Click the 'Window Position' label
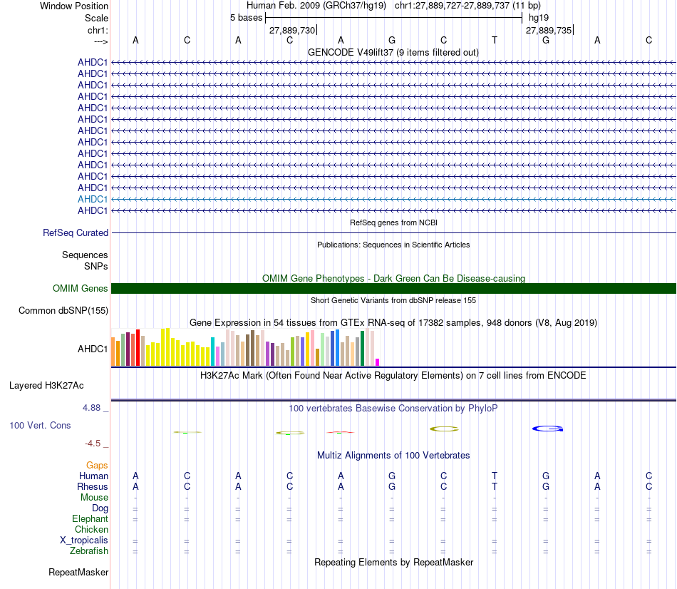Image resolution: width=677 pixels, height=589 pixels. click(74, 6)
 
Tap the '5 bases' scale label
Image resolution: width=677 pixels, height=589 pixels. click(246, 17)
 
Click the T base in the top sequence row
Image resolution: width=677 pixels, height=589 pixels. click(495, 40)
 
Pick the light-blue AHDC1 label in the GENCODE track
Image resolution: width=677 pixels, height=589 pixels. click(93, 199)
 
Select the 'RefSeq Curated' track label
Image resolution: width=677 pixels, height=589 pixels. click(76, 232)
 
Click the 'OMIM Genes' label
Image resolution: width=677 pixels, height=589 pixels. click(81, 288)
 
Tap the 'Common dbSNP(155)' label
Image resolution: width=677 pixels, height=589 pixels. click(63, 310)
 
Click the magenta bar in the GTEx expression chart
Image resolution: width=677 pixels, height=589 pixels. click(378, 362)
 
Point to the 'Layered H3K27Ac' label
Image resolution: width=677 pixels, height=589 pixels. click(46, 385)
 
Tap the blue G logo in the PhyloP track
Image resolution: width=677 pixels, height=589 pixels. click(548, 429)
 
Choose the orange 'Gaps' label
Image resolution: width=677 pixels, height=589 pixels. click(97, 465)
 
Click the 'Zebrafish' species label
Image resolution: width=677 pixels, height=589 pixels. click(89, 550)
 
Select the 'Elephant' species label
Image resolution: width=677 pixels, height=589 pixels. click(90, 518)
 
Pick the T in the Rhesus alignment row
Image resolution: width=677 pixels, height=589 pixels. click(495, 486)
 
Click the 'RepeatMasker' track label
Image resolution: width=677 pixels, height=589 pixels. click(78, 572)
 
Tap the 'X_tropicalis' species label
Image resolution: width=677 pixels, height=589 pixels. click(84, 540)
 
